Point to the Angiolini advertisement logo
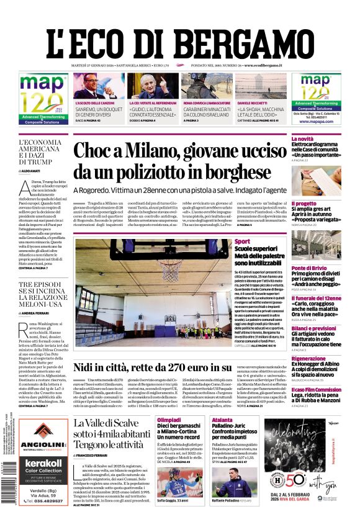click(43, 442)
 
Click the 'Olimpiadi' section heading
click(169, 420)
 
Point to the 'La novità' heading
click(303, 139)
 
